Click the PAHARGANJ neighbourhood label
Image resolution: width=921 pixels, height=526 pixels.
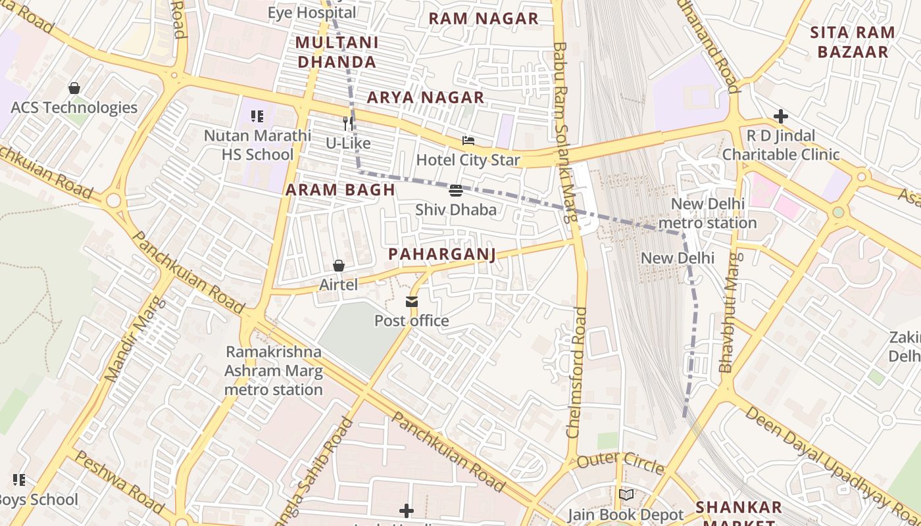(441, 254)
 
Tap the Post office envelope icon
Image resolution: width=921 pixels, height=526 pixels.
(412, 302)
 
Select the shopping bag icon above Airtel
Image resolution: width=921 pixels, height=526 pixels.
(339, 266)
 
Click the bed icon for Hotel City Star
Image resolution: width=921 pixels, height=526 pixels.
(468, 141)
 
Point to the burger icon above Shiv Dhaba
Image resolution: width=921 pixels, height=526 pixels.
(455, 191)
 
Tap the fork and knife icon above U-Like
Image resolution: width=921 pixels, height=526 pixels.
(348, 123)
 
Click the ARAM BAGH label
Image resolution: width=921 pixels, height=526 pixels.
(340, 190)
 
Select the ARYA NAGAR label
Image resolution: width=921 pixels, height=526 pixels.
(425, 97)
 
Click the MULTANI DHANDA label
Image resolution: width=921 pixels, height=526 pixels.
(337, 52)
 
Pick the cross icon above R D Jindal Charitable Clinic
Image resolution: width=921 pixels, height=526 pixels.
(781, 116)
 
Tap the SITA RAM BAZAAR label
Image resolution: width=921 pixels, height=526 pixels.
(852, 42)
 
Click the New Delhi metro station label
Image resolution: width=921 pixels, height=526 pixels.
(707, 213)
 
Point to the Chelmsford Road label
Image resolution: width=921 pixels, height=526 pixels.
(577, 371)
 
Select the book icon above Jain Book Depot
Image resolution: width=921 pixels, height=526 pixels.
(626, 494)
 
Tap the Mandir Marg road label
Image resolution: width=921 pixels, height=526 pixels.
(134, 339)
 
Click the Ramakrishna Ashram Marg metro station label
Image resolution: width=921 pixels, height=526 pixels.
(274, 370)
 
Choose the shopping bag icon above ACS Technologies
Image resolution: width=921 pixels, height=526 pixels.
(74, 88)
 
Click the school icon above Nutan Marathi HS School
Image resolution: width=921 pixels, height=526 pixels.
(257, 116)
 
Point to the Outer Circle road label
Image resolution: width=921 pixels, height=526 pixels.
(620, 462)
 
